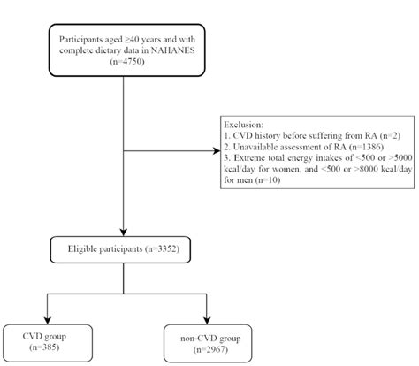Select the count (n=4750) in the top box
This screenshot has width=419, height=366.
pos(124,61)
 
